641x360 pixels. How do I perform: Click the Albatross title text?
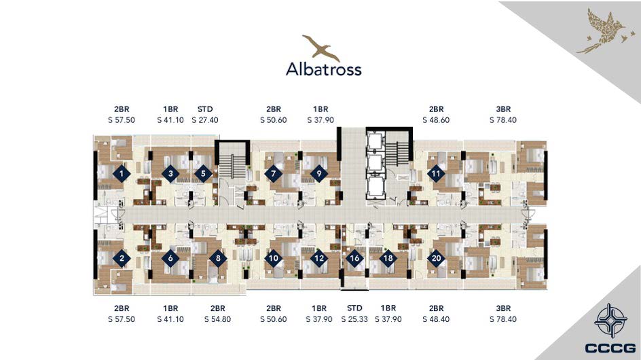(x=323, y=69)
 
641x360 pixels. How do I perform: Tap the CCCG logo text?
(x=610, y=348)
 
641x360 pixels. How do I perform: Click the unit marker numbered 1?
(x=122, y=174)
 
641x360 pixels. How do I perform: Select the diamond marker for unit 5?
(x=203, y=174)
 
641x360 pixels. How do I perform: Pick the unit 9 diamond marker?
(x=319, y=173)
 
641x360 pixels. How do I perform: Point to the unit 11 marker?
(x=436, y=173)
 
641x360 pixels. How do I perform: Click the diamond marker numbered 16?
(x=354, y=258)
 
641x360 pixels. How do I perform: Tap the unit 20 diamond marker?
(x=436, y=258)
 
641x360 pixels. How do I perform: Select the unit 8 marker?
(x=218, y=258)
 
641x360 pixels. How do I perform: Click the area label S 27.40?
(x=205, y=120)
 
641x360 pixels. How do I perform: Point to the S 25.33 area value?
(x=354, y=319)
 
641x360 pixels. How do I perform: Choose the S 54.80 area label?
(x=217, y=319)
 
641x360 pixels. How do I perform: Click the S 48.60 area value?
(x=436, y=120)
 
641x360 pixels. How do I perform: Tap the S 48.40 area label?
(x=436, y=319)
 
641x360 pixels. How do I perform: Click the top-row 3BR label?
(x=503, y=109)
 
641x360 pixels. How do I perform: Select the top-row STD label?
(x=205, y=109)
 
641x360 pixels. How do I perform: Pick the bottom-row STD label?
(x=354, y=308)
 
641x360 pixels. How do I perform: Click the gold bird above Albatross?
(x=321, y=48)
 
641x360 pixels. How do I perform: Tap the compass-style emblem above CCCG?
(x=610, y=321)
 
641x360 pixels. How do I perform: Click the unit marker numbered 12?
(x=319, y=258)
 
